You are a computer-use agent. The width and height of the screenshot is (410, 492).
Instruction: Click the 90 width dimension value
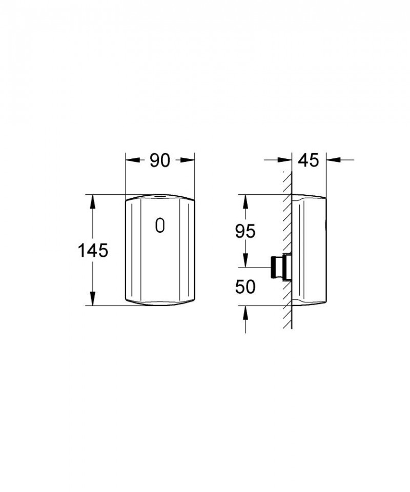(x=160, y=161)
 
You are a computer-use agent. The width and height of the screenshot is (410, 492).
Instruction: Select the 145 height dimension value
(x=93, y=251)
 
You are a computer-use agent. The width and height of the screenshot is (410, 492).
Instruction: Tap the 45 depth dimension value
(x=308, y=160)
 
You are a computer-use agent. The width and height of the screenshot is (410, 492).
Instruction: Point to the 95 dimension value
(x=245, y=231)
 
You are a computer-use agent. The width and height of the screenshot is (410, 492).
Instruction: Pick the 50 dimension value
(x=245, y=287)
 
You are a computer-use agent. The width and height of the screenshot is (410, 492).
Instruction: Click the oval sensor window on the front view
(x=160, y=225)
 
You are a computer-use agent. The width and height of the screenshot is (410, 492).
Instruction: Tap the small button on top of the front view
(x=160, y=196)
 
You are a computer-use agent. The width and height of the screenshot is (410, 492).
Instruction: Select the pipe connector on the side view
(x=279, y=267)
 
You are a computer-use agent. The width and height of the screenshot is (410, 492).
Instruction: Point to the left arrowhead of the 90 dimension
(x=132, y=161)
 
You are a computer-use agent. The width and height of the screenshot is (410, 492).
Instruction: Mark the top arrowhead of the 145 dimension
(x=93, y=201)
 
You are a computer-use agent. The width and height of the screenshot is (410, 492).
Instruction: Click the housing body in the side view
(x=310, y=251)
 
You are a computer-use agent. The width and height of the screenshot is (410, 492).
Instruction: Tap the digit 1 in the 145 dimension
(x=82, y=251)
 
